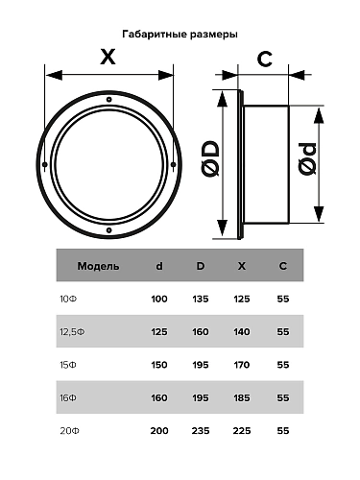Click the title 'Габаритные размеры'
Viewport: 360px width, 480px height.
[x=180, y=33]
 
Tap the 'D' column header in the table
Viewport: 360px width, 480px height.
[x=201, y=265]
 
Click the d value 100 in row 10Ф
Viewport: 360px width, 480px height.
[x=159, y=299]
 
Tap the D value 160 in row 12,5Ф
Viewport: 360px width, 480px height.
[x=201, y=331]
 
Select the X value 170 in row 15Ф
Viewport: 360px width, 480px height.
[x=241, y=364]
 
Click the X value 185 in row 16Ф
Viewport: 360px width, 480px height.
[x=241, y=396]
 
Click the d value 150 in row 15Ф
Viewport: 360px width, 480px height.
[x=159, y=364]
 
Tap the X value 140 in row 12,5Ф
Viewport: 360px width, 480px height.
[x=241, y=331]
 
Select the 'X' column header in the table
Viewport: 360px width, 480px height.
[x=241, y=265]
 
